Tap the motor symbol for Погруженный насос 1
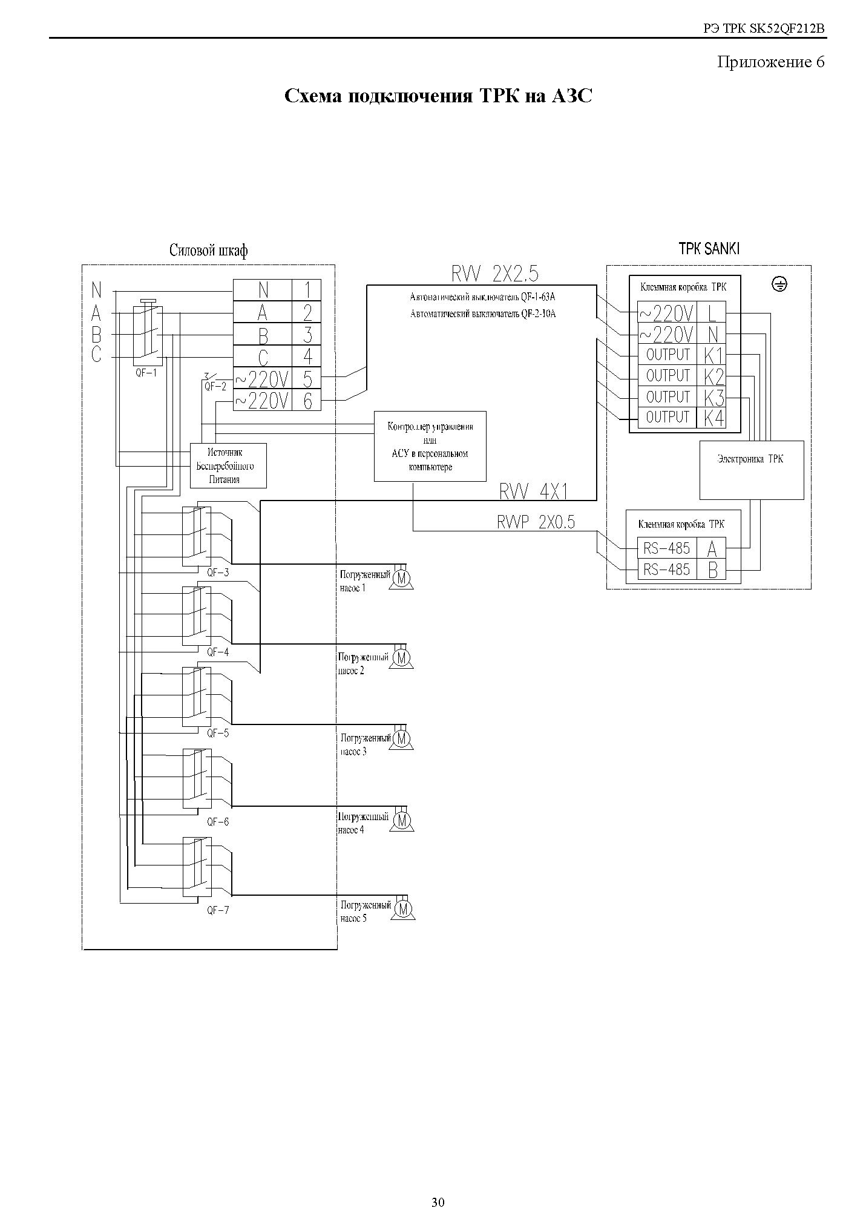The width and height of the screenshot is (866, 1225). pos(401,579)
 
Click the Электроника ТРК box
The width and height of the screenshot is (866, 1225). pos(752,470)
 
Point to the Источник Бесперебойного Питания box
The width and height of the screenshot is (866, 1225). pos(228,465)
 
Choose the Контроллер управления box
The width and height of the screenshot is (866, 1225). pos(430,446)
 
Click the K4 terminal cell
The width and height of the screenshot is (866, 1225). pos(714,418)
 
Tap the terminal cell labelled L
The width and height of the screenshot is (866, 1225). pos(712,313)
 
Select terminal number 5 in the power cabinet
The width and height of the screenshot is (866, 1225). pos(307,379)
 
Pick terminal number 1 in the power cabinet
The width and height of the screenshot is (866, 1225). pos(307,290)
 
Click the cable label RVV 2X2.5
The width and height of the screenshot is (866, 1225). pos(494,274)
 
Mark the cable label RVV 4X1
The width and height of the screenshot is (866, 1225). pos(534,492)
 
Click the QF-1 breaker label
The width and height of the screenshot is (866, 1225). pos(146,373)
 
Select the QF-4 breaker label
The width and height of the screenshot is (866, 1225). pos(217,652)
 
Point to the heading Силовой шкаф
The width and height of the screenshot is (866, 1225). pos(208,251)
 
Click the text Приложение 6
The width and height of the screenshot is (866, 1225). pos(770,62)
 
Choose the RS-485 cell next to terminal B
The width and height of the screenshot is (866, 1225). pos(666,570)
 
